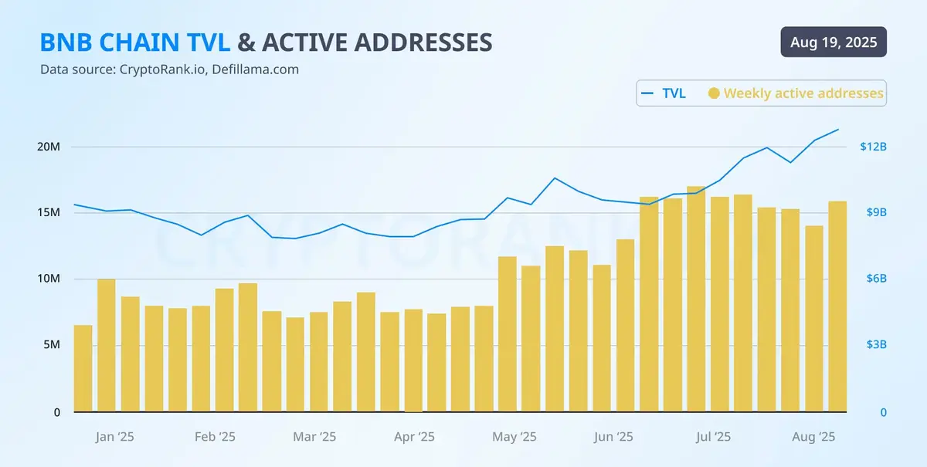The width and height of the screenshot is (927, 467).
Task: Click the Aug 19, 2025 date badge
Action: point(834,42)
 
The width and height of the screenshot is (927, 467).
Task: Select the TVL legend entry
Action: point(664,93)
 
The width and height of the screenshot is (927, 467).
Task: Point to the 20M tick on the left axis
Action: point(49,147)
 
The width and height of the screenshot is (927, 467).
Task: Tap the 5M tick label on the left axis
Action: point(51,345)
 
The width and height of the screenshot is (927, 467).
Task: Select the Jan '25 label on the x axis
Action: point(114,437)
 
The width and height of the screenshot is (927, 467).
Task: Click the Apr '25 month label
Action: point(415,437)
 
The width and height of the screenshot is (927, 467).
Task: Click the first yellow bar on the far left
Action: point(83,369)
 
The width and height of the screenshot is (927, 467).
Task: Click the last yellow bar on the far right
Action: point(837,307)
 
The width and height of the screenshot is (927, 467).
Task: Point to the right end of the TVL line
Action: point(838,130)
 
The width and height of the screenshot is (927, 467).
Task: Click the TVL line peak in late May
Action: point(555,178)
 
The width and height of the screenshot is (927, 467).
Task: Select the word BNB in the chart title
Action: point(63,42)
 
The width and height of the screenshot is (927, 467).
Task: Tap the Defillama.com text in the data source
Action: point(257,69)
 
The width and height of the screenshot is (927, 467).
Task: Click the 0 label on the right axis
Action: point(883,413)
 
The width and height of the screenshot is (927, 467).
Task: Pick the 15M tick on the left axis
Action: point(49,213)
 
